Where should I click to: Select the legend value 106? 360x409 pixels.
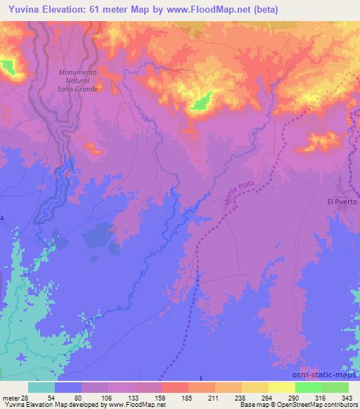coord(105,399)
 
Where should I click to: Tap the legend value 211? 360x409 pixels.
coord(213,399)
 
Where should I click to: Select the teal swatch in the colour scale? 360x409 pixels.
coord(41,387)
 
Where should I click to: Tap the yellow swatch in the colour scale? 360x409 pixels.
coord(281,387)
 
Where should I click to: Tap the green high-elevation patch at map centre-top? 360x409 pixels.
coord(202,102)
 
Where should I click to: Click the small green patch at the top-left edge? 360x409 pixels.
coord(8,67)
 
